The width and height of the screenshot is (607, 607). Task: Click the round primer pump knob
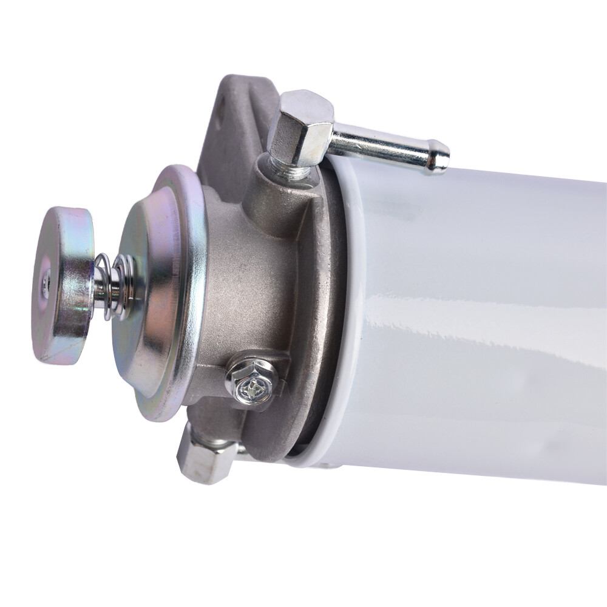[x=64, y=285]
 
